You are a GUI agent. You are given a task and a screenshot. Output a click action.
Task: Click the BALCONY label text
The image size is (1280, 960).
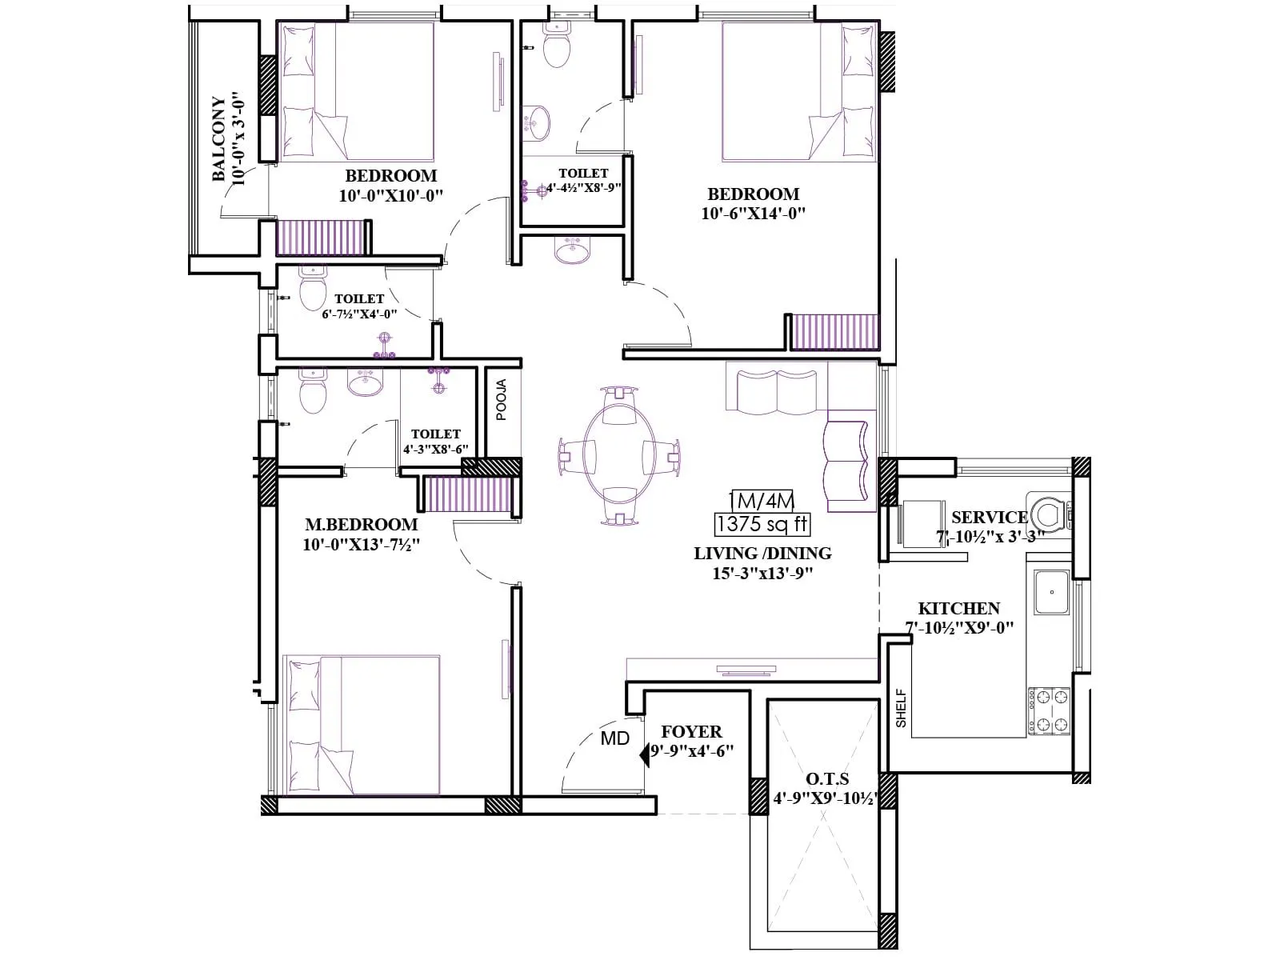pos(218,139)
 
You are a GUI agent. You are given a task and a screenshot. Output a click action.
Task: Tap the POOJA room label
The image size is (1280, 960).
pos(502,399)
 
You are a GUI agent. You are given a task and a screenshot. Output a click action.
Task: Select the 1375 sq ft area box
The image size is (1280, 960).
pos(762,525)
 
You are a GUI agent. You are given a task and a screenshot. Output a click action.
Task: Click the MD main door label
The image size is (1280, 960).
pos(614,738)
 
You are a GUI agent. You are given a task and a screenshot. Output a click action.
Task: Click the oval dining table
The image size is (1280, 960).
pos(613,456)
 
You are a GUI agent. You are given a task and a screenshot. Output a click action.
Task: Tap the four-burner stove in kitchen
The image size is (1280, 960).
pos(1049,710)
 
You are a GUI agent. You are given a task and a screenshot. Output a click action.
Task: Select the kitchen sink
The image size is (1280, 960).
pos(1051,592)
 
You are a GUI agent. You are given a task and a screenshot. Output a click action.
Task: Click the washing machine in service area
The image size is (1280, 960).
pos(1049,512)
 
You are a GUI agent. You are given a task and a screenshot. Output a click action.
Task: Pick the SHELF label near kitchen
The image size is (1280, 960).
pos(902,708)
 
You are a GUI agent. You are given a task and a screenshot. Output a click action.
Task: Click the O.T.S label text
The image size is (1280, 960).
pos(827,778)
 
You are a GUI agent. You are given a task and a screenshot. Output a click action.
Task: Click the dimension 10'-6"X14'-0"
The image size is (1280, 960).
pos(753,214)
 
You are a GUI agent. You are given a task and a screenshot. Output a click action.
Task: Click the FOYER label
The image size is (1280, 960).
pos(691,732)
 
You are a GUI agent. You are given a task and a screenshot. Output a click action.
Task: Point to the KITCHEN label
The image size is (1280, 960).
pos(958,609)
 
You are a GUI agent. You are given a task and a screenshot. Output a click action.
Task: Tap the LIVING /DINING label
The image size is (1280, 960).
pos(762,554)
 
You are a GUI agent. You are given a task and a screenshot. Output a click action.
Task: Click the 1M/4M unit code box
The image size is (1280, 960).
pos(762,502)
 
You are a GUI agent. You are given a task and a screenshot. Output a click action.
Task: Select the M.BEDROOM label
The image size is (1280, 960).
pos(361,525)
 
